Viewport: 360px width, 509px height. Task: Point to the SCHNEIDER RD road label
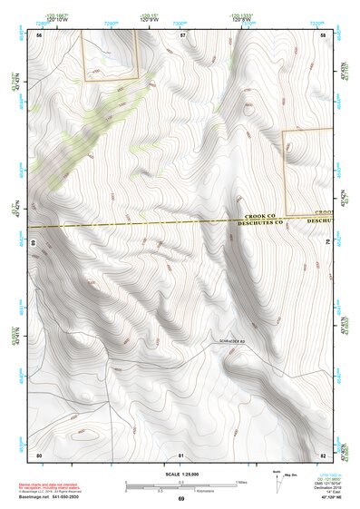point(232,341)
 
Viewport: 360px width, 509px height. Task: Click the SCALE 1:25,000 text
point(180,475)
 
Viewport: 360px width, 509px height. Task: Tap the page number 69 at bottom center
point(180,499)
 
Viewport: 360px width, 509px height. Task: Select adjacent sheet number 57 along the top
point(182,34)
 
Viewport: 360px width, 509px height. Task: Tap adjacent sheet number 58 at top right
point(324,34)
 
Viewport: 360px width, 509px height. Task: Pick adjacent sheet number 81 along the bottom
point(181,454)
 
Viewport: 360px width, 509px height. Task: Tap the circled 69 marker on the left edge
point(33,243)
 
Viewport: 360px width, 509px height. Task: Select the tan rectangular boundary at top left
point(110,54)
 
